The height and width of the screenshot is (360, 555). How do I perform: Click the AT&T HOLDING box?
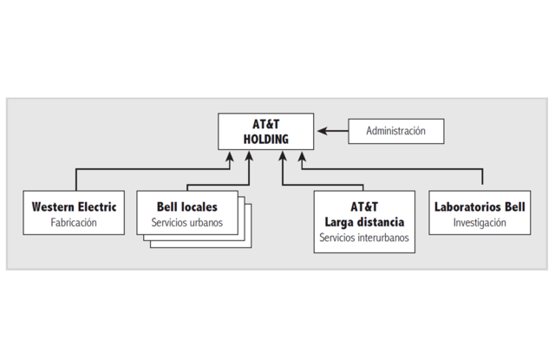coord(265,131)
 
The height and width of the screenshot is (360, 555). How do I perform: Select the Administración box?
coord(395,131)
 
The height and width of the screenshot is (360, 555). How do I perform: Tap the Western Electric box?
coord(74,214)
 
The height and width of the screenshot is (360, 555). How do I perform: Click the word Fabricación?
coord(74,223)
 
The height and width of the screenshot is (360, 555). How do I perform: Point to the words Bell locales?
coord(186,207)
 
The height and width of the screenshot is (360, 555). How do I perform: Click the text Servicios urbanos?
coord(186,223)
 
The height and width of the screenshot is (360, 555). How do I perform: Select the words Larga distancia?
coord(364,222)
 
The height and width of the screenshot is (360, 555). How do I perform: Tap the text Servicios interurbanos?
coord(364,237)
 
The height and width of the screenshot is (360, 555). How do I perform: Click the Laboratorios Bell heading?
coord(479,207)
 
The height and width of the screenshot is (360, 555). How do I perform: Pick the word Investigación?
coord(479,223)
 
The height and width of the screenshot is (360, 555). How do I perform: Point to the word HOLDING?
coord(265,139)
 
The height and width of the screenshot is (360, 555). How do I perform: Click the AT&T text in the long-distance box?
coord(364,207)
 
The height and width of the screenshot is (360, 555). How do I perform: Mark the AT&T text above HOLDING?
coord(265,124)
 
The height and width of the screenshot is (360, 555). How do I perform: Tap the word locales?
coord(200,207)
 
